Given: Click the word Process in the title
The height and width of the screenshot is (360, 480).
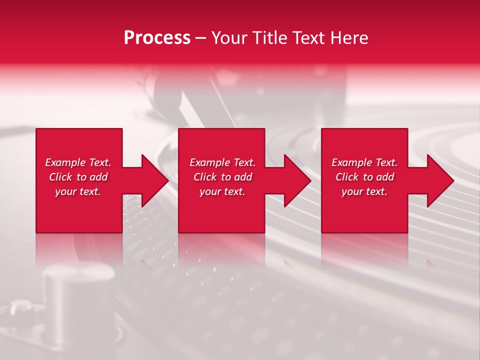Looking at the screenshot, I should coord(157,38).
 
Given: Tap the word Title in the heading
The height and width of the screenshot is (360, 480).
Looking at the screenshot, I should coord(268,38).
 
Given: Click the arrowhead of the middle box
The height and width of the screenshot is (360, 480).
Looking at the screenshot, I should coord(296,180).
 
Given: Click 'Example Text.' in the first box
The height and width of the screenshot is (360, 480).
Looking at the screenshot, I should coord(78,162).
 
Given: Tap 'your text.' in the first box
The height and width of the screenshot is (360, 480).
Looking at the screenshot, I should coord(78,191).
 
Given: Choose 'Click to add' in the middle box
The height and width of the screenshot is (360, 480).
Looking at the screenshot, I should coord(222,177).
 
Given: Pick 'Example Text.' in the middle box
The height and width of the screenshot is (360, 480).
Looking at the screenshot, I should coord(222,162).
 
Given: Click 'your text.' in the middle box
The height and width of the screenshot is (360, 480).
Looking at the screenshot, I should coord(222,191).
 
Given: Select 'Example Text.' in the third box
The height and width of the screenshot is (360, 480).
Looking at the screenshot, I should coord(364,162).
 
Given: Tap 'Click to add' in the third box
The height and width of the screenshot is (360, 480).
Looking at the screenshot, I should coord(364,177).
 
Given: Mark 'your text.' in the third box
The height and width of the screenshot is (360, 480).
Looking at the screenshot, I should coord(364,191).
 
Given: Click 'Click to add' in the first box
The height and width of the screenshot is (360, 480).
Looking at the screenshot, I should coord(78,177).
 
